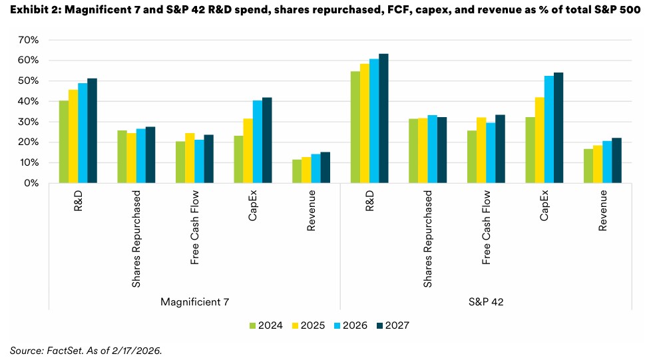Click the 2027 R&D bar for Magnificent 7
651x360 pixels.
point(92,130)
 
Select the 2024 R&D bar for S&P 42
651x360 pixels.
point(355,127)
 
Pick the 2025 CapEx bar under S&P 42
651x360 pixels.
point(539,140)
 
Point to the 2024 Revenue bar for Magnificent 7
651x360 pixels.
point(296,171)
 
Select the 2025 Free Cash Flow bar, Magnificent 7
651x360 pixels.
point(190,158)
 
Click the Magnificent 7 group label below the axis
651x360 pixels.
point(194,301)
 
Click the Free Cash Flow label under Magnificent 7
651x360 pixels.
point(194,227)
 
